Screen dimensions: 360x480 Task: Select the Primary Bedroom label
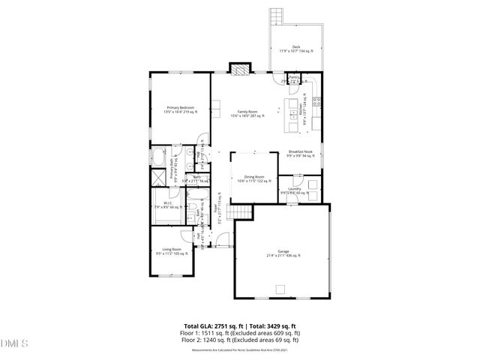[181, 107]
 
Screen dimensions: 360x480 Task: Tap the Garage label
[283, 252]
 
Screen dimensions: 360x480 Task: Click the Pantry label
[295, 76]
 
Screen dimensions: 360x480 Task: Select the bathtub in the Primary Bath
[159, 158]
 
